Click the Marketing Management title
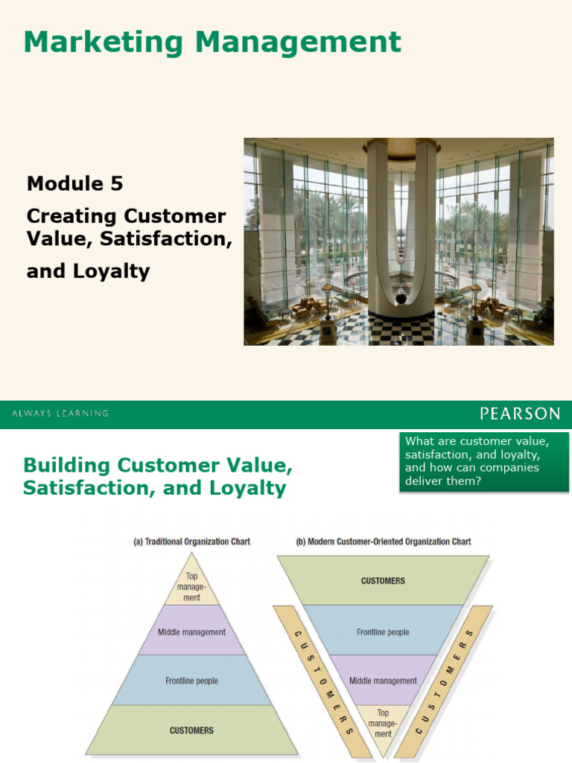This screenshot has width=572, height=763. (212, 42)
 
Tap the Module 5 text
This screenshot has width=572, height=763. (74, 183)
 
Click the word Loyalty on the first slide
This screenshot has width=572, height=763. (110, 271)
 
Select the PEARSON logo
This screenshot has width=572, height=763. (520, 414)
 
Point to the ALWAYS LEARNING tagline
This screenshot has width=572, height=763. (60, 414)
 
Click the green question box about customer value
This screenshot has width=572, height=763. (484, 461)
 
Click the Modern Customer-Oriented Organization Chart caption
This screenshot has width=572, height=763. (383, 542)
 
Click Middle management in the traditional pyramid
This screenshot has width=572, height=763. (191, 632)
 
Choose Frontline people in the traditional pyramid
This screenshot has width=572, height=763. (191, 681)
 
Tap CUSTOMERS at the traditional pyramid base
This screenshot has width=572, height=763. (191, 730)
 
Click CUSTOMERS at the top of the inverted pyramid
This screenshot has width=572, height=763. (383, 580)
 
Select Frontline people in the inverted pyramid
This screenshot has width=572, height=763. (383, 632)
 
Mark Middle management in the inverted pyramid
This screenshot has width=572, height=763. (383, 681)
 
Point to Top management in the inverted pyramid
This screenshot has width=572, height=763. (383, 724)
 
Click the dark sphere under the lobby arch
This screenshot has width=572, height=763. (401, 299)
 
